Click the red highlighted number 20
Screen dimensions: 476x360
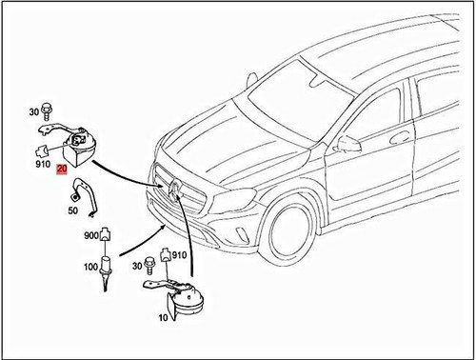coord(62,169)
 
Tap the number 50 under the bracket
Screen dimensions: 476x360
coord(73,210)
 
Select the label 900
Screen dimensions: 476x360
coord(91,235)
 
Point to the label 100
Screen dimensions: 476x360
coord(90,267)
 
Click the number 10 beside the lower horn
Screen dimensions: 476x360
coord(163,317)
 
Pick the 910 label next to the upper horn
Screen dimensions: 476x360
coord(43,164)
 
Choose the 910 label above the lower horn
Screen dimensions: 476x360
coord(180,255)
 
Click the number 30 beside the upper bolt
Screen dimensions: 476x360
coord(34,111)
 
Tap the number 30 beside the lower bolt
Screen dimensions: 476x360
coord(137,266)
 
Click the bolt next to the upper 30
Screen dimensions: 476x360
coord(47,111)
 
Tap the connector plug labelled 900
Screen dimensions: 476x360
coord(105,234)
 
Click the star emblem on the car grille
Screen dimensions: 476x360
coord(175,189)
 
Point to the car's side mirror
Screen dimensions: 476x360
coord(348,144)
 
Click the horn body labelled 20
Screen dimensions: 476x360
coord(81,150)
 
